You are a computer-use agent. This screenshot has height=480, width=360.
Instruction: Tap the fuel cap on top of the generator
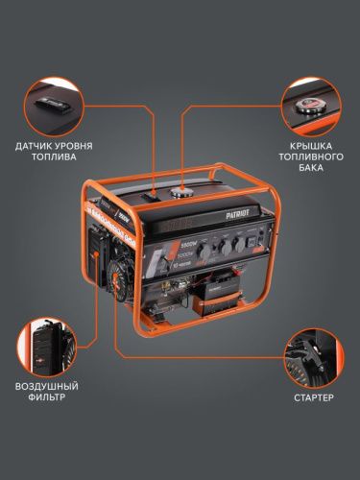tap(180, 194)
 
